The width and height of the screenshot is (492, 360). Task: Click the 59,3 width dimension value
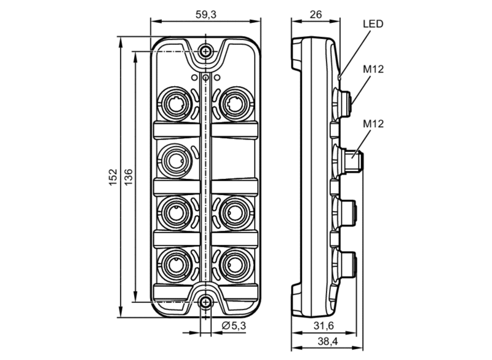[x=206, y=14]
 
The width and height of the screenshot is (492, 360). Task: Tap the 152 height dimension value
[x=113, y=177]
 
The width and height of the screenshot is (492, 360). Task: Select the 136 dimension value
[x=129, y=177]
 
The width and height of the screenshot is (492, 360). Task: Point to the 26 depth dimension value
[x=315, y=14]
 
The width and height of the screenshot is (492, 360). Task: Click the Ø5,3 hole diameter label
[x=234, y=326]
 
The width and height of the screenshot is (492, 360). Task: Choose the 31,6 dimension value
[x=323, y=326]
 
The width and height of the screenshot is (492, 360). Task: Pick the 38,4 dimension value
[x=328, y=341]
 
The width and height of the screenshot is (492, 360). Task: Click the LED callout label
[x=373, y=24]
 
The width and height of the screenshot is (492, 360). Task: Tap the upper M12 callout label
[x=373, y=69]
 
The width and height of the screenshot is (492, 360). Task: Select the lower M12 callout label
[x=373, y=124]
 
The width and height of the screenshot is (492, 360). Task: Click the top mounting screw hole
[x=205, y=51]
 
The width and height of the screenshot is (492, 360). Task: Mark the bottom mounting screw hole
[x=205, y=302]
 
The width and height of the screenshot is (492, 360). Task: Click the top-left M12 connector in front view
[x=175, y=104]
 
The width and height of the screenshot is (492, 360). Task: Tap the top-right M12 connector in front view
[x=236, y=104]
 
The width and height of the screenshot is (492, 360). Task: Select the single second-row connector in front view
[x=175, y=161]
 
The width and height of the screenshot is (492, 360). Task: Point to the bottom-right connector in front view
[x=236, y=265]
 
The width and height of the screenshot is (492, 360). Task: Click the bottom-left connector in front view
[x=175, y=265]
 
